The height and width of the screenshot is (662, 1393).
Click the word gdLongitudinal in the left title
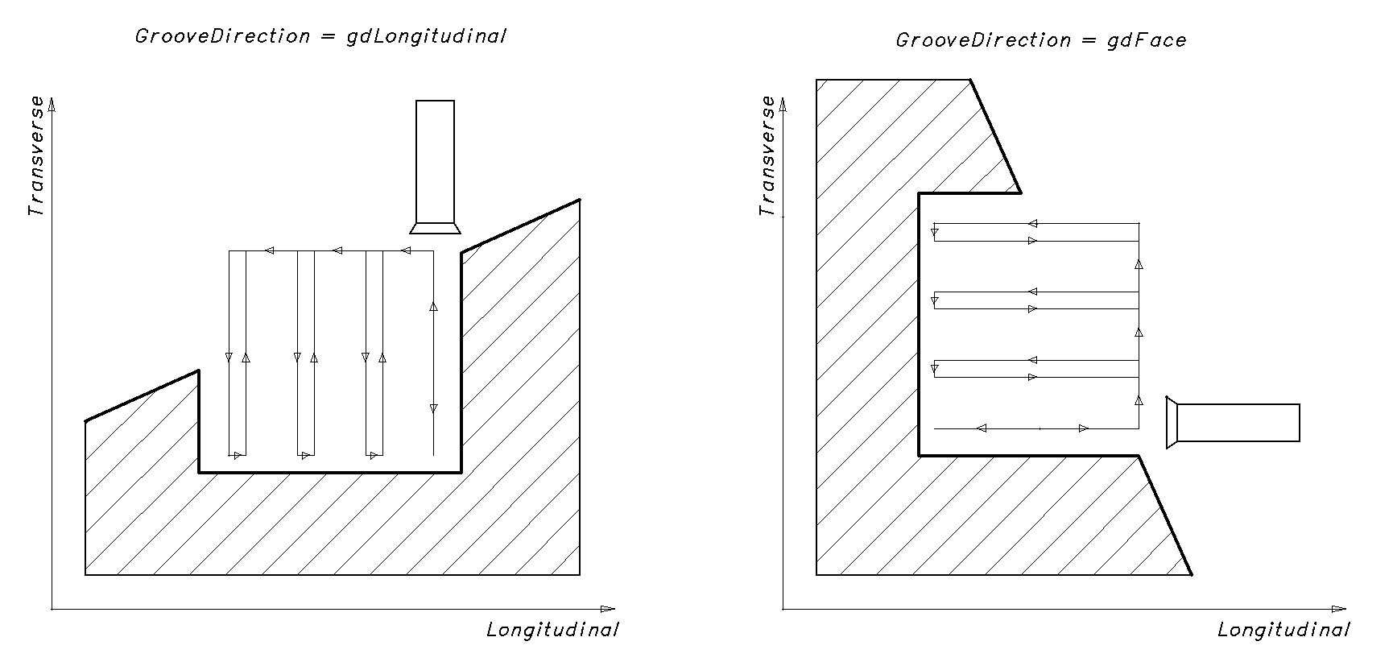[x=426, y=37]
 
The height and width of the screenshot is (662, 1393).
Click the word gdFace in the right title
[x=1146, y=41]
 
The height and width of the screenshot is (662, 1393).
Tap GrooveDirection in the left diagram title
[x=222, y=37]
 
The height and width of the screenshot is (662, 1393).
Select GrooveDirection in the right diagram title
[x=983, y=41]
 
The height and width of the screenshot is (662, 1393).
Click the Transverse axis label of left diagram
[x=35, y=156]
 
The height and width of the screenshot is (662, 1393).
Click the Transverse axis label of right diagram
[x=767, y=156]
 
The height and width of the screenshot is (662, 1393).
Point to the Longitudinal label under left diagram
[x=552, y=630]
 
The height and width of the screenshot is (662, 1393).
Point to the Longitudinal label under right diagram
[x=1283, y=630]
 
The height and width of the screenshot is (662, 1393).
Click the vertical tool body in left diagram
[x=435, y=161]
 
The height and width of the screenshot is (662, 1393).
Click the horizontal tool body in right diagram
[x=1238, y=423]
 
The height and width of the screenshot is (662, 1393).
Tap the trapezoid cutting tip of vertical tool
[x=435, y=228]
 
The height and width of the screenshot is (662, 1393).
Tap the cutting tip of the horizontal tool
[x=1172, y=422]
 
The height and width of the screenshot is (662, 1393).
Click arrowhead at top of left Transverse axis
[x=52, y=103]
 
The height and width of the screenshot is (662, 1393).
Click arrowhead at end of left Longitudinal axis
[x=608, y=609]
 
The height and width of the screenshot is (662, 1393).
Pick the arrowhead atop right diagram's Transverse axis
[x=783, y=103]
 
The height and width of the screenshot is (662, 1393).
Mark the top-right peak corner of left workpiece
[x=579, y=200]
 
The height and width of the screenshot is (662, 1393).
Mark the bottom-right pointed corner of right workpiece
[x=1191, y=574]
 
